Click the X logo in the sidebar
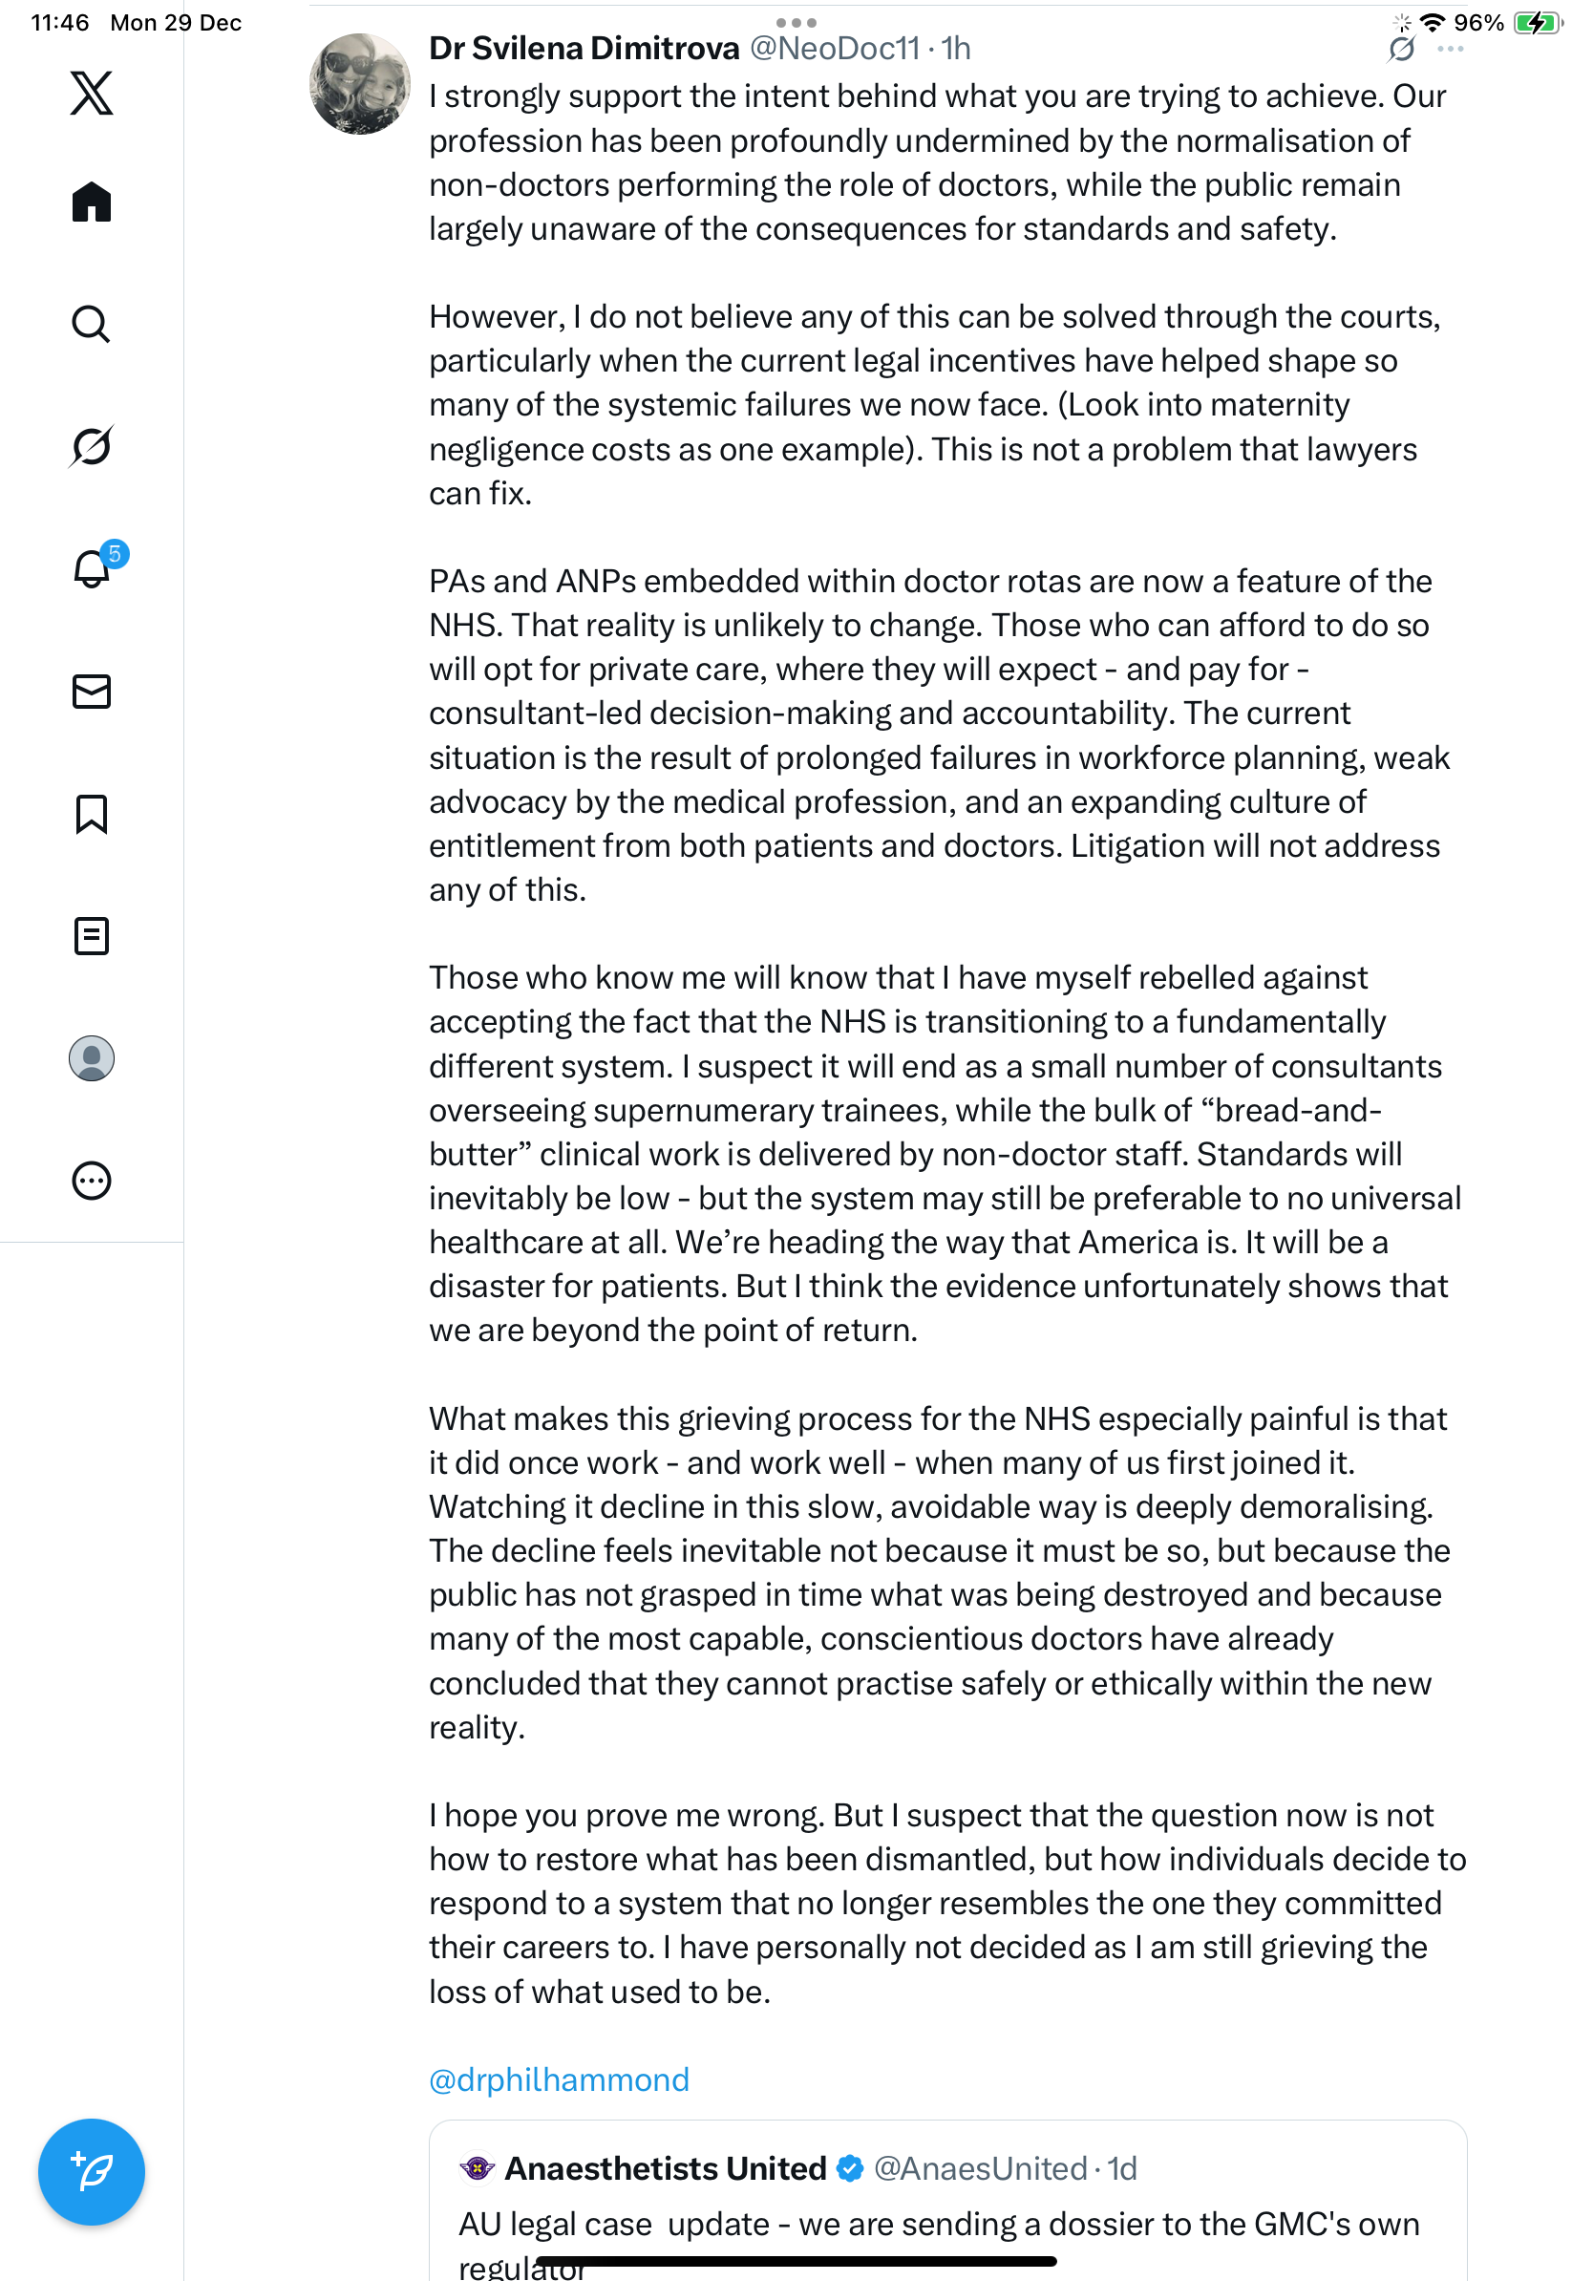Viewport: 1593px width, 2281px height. point(92,94)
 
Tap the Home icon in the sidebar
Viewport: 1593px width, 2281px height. point(92,202)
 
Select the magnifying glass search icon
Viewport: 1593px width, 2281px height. point(92,324)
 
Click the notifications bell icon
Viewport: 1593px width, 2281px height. point(92,569)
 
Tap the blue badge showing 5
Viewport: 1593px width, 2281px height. point(116,553)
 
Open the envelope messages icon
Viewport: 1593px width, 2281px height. point(92,692)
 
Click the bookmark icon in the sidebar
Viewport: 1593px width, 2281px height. point(92,814)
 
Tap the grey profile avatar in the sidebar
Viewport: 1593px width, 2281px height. point(92,1058)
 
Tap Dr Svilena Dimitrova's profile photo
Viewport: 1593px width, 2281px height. point(359,84)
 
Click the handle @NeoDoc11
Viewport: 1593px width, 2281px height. point(835,49)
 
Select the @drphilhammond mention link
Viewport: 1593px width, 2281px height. point(559,2078)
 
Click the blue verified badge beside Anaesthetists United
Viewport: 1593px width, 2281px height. point(850,2167)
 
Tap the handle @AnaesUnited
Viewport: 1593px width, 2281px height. point(980,2167)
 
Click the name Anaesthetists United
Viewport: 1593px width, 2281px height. point(666,2167)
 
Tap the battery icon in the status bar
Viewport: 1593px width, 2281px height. point(1537,22)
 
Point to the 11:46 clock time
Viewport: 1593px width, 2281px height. point(59,22)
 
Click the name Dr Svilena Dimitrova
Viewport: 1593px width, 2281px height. point(584,49)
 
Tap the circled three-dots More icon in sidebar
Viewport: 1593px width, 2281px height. point(92,1181)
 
